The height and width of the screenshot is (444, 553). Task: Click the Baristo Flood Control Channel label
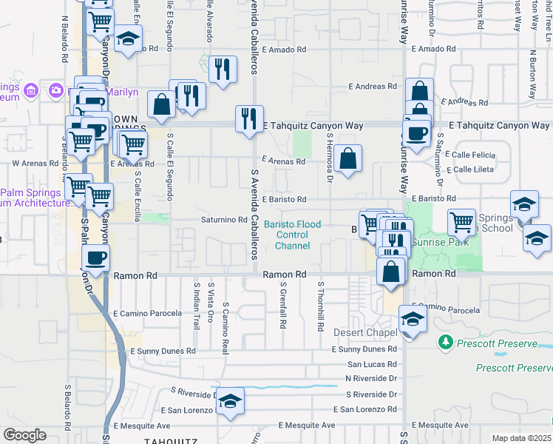click(x=292, y=235)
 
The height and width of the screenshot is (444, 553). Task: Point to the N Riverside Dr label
click(x=372, y=378)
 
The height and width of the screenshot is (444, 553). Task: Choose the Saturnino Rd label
click(x=224, y=220)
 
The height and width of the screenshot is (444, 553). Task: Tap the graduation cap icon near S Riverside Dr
click(x=231, y=400)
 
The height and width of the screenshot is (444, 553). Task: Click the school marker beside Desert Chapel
click(x=413, y=319)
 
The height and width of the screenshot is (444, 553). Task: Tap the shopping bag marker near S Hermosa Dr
click(x=347, y=157)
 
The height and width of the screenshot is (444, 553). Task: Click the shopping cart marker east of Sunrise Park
click(x=461, y=221)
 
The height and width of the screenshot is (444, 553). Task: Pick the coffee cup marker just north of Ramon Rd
click(x=95, y=258)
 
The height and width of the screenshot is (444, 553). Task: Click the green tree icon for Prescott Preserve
click(x=445, y=342)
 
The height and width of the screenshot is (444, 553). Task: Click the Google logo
click(x=24, y=435)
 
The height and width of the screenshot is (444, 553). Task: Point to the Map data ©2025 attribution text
click(x=522, y=438)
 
